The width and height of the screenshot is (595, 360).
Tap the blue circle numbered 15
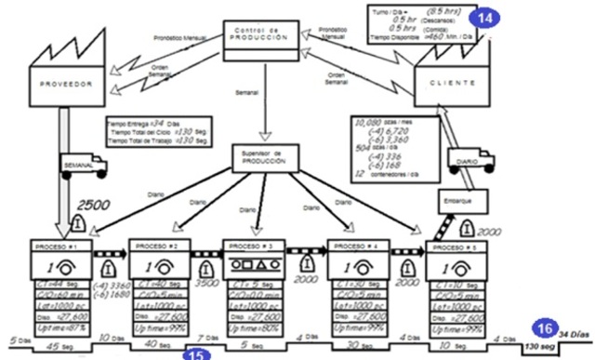pos(195,353)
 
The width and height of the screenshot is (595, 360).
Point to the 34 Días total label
pos(575,333)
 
